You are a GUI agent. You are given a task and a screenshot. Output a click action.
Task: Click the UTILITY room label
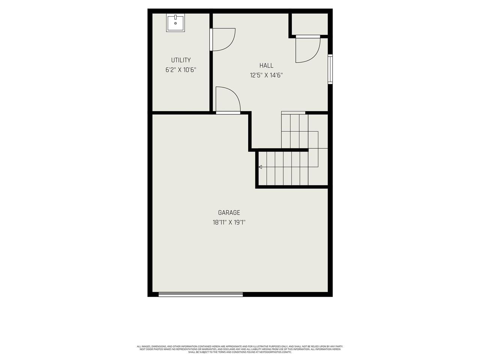[x=181, y=60]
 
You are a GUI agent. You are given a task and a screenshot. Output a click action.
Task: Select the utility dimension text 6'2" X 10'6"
[x=181, y=70]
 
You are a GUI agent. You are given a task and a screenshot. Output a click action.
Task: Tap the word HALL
[x=266, y=66]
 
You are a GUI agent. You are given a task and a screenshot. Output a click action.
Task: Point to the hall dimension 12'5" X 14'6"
[x=266, y=75]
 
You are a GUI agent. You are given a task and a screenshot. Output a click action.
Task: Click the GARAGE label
[x=229, y=213]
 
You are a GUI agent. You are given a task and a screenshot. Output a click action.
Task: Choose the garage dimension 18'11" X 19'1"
[x=229, y=222]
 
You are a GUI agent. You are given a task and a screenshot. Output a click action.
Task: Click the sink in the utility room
[x=175, y=23]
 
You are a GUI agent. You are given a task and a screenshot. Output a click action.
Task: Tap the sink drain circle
[x=175, y=23]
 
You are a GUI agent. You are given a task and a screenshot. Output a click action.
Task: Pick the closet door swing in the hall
[x=307, y=49]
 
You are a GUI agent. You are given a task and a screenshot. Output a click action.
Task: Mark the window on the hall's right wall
[x=330, y=69]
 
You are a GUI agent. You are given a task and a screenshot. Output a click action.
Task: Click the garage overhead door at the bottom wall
[x=201, y=295]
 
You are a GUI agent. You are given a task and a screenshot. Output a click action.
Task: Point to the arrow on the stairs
[x=260, y=167]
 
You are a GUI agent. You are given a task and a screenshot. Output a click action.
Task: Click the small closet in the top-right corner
[x=310, y=24]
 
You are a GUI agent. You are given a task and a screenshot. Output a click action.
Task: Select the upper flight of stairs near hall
[x=295, y=131]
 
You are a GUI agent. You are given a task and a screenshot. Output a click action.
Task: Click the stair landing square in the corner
[x=318, y=157]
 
